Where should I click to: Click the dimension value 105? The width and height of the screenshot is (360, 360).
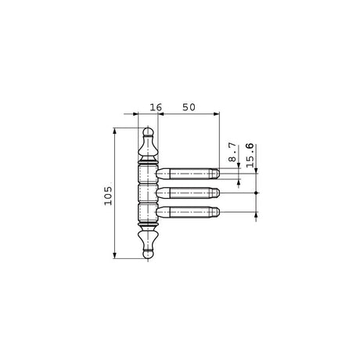[x=108, y=196]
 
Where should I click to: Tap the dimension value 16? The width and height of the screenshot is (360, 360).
[x=156, y=107]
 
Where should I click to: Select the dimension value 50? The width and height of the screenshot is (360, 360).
[x=189, y=107]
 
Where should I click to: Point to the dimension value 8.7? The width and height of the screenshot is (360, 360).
[x=232, y=152]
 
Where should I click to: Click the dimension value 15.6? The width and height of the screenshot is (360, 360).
[x=250, y=155]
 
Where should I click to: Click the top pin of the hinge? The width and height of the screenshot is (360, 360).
[x=188, y=174]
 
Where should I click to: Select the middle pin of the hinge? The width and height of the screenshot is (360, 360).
[x=188, y=193]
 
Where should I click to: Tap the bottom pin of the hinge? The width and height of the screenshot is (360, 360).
[x=188, y=212]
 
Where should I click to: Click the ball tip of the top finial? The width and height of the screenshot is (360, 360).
[x=148, y=131]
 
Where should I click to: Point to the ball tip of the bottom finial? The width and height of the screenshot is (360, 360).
[x=148, y=254]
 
